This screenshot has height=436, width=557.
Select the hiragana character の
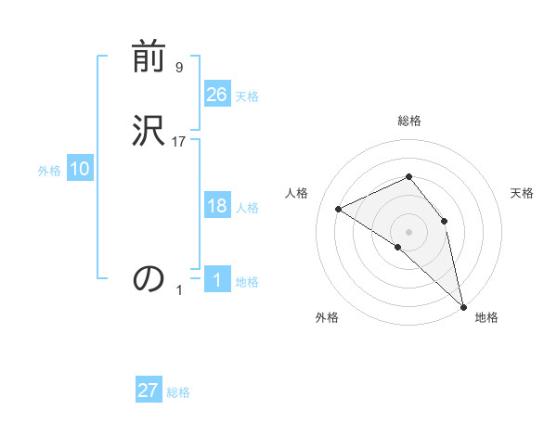coord(149,277)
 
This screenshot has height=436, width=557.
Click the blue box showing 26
coord(217,95)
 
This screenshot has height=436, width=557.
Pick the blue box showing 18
coord(217,206)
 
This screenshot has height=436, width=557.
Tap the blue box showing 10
coord(80,169)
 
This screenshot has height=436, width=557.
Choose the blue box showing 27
coord(149,391)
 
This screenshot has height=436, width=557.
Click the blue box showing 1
coord(217,280)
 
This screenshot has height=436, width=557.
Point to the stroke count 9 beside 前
coord(178,68)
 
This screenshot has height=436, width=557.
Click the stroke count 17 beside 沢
coord(179,141)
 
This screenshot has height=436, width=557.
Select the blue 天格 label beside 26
coord(247,96)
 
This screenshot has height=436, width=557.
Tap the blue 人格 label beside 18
coord(247,208)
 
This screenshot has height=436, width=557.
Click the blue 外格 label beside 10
coord(49,171)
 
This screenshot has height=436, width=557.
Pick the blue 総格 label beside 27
coord(178,392)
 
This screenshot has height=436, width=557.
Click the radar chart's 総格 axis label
coord(408,121)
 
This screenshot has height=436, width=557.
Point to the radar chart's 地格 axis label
coord(486,317)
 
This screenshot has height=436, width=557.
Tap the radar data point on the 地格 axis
coord(463,306)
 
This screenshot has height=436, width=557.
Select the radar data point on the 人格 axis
coord(339,209)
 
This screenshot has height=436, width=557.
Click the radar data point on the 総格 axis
coord(408,176)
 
